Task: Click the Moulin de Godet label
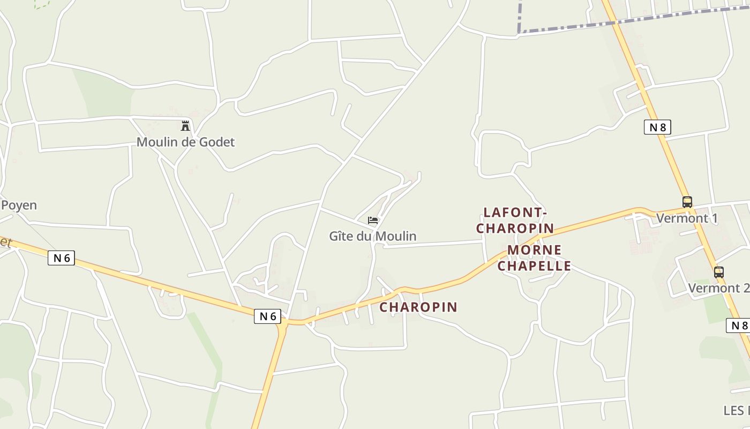click(185, 142)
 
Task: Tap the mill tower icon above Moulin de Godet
click(185, 126)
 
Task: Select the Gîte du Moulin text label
click(372, 236)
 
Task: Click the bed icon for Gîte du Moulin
click(373, 220)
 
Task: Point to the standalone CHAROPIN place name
click(418, 307)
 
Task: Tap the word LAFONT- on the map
click(515, 212)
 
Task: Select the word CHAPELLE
click(534, 266)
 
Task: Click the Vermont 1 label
click(687, 218)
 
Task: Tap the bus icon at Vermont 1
click(687, 202)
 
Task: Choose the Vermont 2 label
click(718, 288)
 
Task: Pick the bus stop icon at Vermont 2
click(718, 272)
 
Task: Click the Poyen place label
click(19, 205)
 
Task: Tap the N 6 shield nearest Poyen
click(62, 258)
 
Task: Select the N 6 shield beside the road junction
click(267, 316)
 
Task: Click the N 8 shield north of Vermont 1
click(657, 127)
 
